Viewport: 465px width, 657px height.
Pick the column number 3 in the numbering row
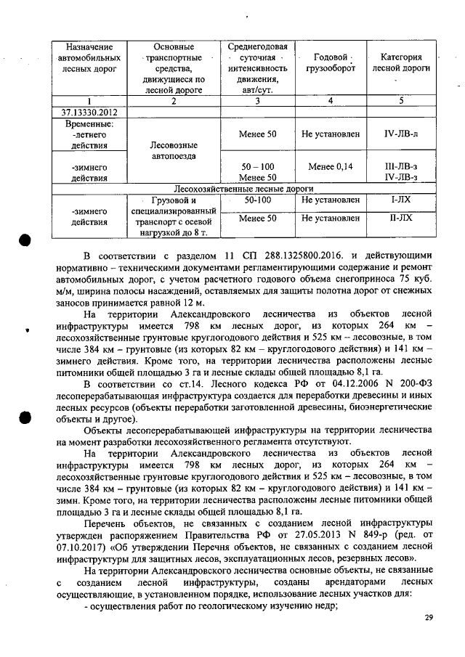coord(258,102)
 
